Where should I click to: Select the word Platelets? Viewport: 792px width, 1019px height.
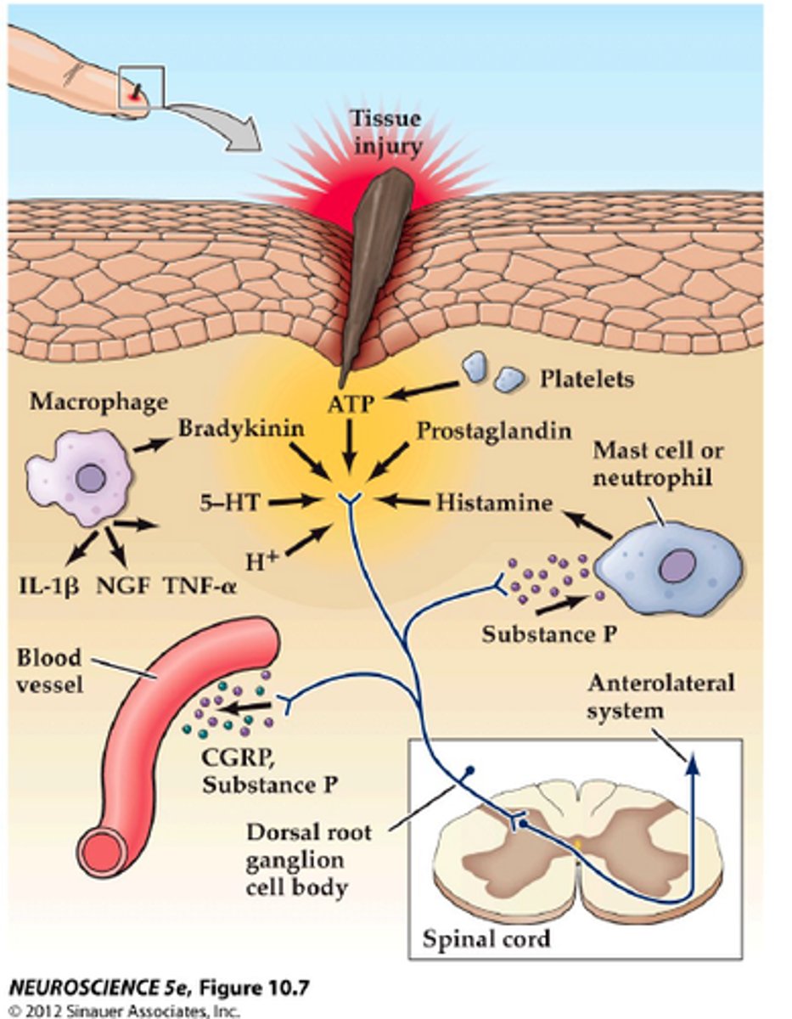click(587, 379)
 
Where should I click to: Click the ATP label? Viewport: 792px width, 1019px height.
click(349, 406)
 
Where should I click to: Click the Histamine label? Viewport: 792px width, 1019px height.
click(494, 503)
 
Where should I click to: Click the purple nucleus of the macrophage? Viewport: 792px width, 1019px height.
click(89, 480)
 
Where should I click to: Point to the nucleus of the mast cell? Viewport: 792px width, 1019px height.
click(674, 565)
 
